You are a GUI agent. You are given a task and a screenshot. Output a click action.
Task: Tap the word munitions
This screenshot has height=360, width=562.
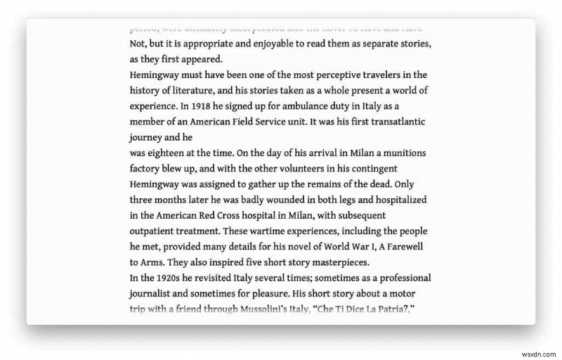402,153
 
